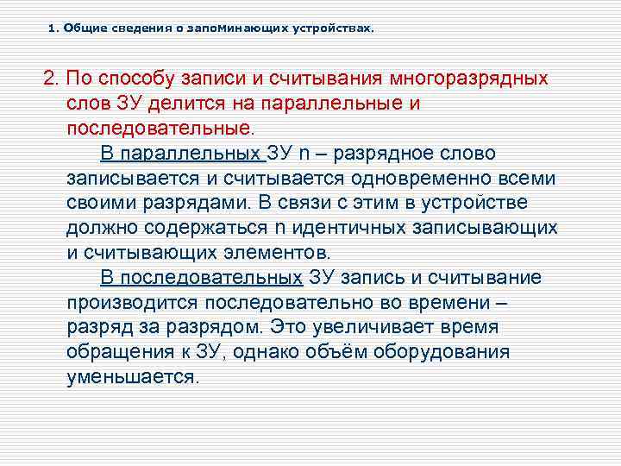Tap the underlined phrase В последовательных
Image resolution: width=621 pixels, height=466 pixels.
tap(202, 278)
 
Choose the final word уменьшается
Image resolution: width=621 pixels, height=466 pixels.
tap(132, 377)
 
